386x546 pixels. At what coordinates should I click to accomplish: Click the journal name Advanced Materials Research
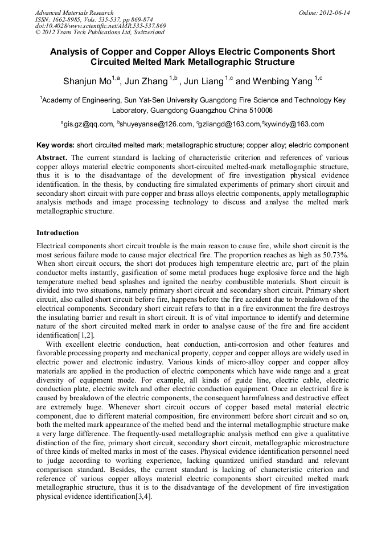(74, 13)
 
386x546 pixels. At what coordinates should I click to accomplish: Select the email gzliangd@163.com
(230, 124)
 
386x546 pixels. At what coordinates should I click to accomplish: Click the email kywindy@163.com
(294, 124)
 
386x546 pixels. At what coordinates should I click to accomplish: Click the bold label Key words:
(55, 146)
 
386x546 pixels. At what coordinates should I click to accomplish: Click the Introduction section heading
(58, 233)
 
